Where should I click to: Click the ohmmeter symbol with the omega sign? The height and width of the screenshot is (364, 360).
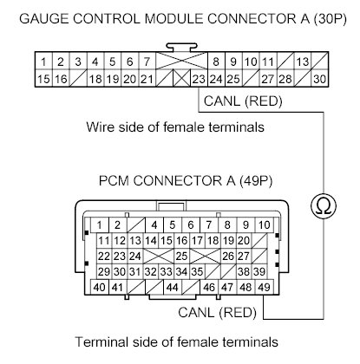point(322,206)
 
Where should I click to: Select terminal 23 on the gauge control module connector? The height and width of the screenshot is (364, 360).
point(200,79)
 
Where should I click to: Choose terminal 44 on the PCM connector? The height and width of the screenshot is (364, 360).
point(173,287)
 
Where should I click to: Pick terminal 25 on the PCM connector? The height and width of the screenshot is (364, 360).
point(182,256)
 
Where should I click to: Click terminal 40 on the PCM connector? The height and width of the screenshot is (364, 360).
point(99,287)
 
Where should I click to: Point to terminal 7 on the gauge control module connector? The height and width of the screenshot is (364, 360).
point(147,62)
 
